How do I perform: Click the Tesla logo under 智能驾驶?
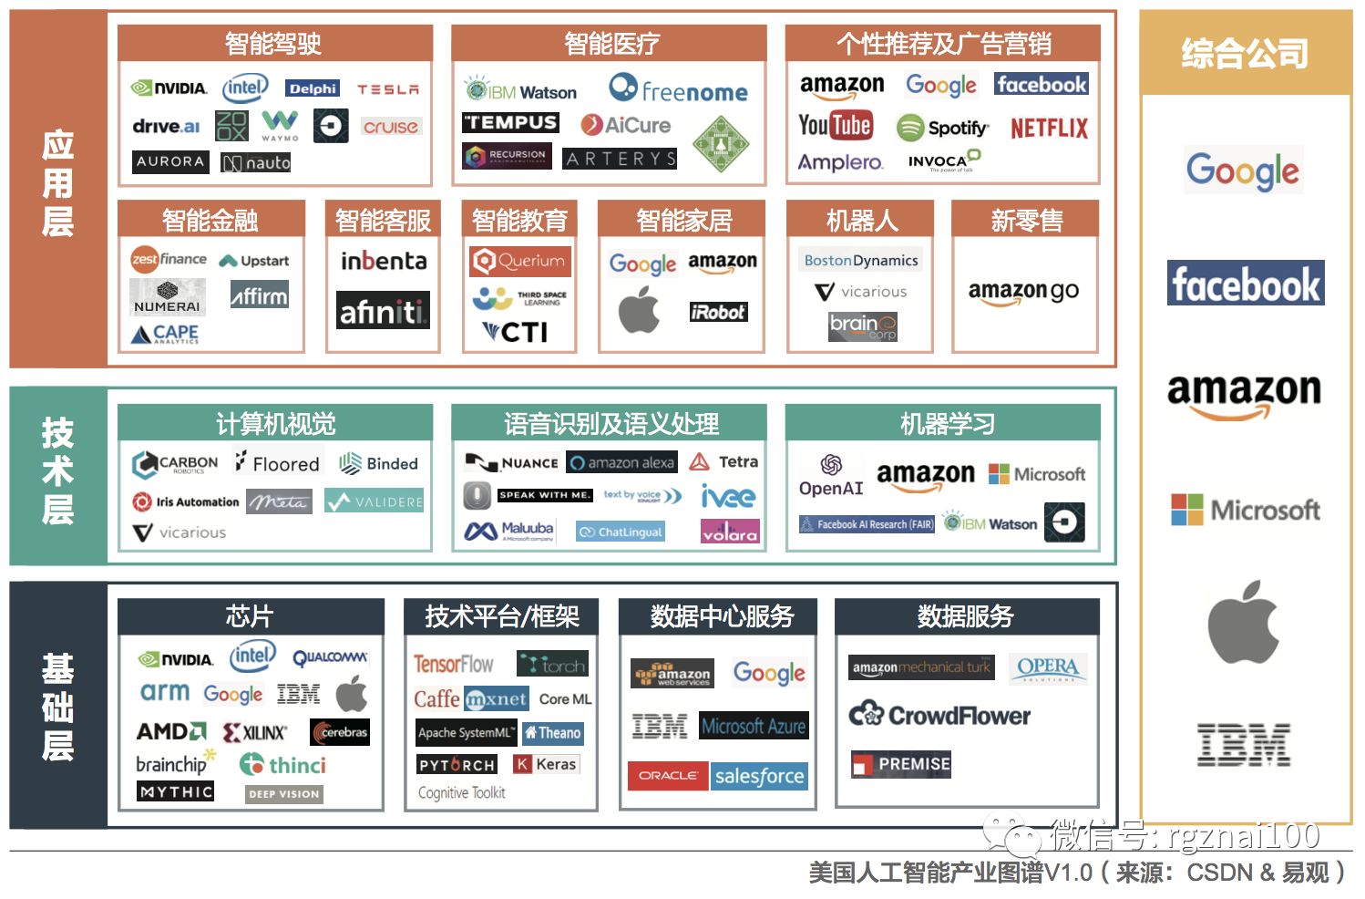pos(388,89)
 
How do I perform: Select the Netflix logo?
pos(1049,128)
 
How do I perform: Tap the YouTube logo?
pos(835,126)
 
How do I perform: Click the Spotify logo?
pos(942,128)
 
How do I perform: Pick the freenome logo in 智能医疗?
pos(678,89)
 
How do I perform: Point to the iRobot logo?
pos(718,312)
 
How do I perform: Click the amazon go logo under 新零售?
pos(1023,292)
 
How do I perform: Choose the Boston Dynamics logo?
pos(861,260)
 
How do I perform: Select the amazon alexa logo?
pos(622,463)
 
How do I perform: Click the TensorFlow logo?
pos(454,664)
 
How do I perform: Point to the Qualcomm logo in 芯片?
pos(330,657)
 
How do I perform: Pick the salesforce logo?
pos(759,776)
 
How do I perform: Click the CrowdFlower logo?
pos(939,716)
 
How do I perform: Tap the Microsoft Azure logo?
pos(754,727)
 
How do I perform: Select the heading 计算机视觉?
pos(275,423)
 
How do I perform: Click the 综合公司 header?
pos(1245,53)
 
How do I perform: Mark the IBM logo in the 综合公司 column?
pos(1244,744)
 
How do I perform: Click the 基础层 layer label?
pos(57,708)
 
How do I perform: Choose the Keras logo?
pos(546,764)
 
